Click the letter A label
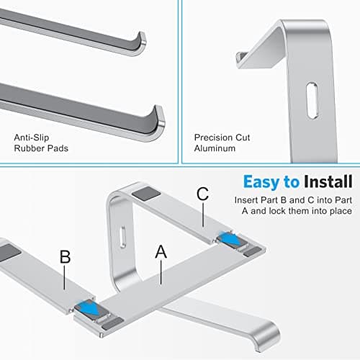(161, 253)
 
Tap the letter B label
(64, 257)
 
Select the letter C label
(202, 194)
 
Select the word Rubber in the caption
(28, 149)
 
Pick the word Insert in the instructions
(246, 199)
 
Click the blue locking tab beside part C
(233, 238)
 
